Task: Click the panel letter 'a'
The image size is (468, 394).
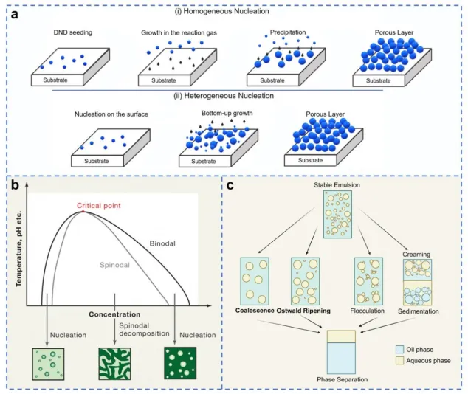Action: point(14,14)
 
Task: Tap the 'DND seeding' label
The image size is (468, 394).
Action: point(73,32)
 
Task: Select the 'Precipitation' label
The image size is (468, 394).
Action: point(288,32)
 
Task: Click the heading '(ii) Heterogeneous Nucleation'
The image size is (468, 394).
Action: point(224,96)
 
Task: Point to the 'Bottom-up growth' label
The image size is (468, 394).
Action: point(227,114)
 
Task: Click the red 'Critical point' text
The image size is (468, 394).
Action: point(99,206)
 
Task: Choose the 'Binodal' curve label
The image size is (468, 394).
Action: point(162,243)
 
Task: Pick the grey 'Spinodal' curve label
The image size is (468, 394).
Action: point(114,265)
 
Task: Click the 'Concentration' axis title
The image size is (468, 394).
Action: point(114,314)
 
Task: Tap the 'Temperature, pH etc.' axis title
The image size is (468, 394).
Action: point(19,249)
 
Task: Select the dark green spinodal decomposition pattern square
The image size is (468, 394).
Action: point(114,364)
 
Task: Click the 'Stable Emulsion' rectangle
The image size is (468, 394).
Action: point(337,215)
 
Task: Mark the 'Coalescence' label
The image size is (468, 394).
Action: point(255,311)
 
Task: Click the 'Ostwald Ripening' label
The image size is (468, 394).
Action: point(303,311)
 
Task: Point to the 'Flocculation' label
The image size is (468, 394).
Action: point(367,311)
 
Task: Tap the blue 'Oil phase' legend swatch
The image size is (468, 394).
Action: point(399,350)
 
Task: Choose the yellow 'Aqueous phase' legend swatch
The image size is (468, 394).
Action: point(399,360)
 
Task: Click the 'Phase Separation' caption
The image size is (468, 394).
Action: point(342,380)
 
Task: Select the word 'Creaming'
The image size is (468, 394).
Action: point(416,255)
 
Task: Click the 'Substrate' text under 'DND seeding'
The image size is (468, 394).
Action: point(55,80)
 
